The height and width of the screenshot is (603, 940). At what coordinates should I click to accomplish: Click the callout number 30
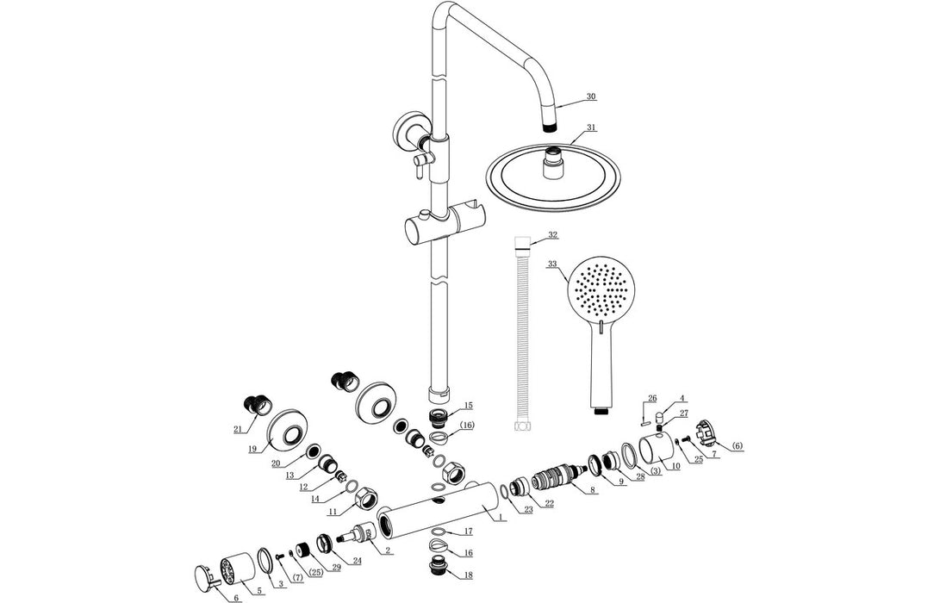point(590,97)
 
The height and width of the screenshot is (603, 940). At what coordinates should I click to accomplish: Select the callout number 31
point(590,128)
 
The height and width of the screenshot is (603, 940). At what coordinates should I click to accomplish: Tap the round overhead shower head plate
point(553,182)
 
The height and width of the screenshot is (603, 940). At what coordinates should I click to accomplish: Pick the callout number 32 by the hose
point(552,234)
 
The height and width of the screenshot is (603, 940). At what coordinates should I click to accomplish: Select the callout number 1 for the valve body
point(498,518)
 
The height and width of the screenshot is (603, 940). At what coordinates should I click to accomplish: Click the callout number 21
point(238,429)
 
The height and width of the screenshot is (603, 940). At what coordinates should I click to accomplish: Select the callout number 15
point(468,406)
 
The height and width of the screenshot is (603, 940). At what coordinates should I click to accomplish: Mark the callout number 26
point(652,398)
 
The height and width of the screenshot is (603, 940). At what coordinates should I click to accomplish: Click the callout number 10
point(675,466)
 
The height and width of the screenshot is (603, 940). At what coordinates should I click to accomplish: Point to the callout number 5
point(258,591)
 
